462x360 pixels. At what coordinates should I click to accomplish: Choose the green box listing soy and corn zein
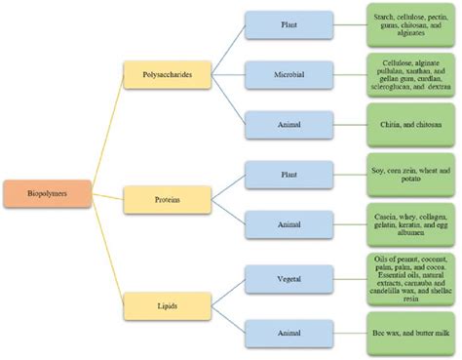click(410, 172)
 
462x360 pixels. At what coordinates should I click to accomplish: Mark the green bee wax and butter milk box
click(410, 332)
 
